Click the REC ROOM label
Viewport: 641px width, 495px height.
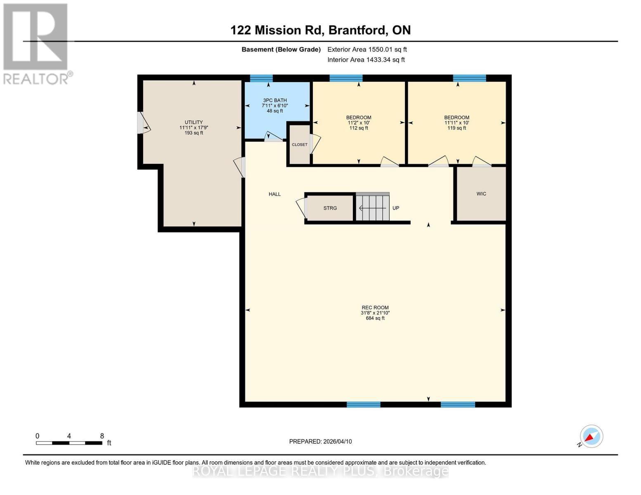(375, 307)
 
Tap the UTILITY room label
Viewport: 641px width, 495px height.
(194, 122)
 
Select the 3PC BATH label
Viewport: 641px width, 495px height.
(275, 100)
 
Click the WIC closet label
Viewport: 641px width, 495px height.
(481, 193)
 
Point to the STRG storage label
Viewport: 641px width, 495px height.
(330, 208)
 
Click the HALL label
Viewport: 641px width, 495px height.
(274, 194)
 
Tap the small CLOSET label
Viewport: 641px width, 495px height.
(299, 144)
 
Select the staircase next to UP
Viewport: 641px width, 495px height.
(372, 207)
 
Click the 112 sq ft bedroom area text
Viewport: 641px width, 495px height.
(359, 128)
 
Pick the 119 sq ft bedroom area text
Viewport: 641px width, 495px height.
(457, 128)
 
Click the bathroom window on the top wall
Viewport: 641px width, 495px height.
(261, 78)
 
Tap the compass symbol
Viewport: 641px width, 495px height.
(591, 436)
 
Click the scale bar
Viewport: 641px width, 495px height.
(69, 443)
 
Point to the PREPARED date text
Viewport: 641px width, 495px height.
(320, 441)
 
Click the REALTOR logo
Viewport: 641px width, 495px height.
(36, 43)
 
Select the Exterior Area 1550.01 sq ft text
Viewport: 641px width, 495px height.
(367, 49)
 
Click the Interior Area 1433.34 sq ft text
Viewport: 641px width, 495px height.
(366, 59)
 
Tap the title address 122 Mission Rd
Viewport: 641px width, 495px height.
(320, 30)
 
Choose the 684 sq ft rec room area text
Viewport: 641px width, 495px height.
(375, 318)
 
